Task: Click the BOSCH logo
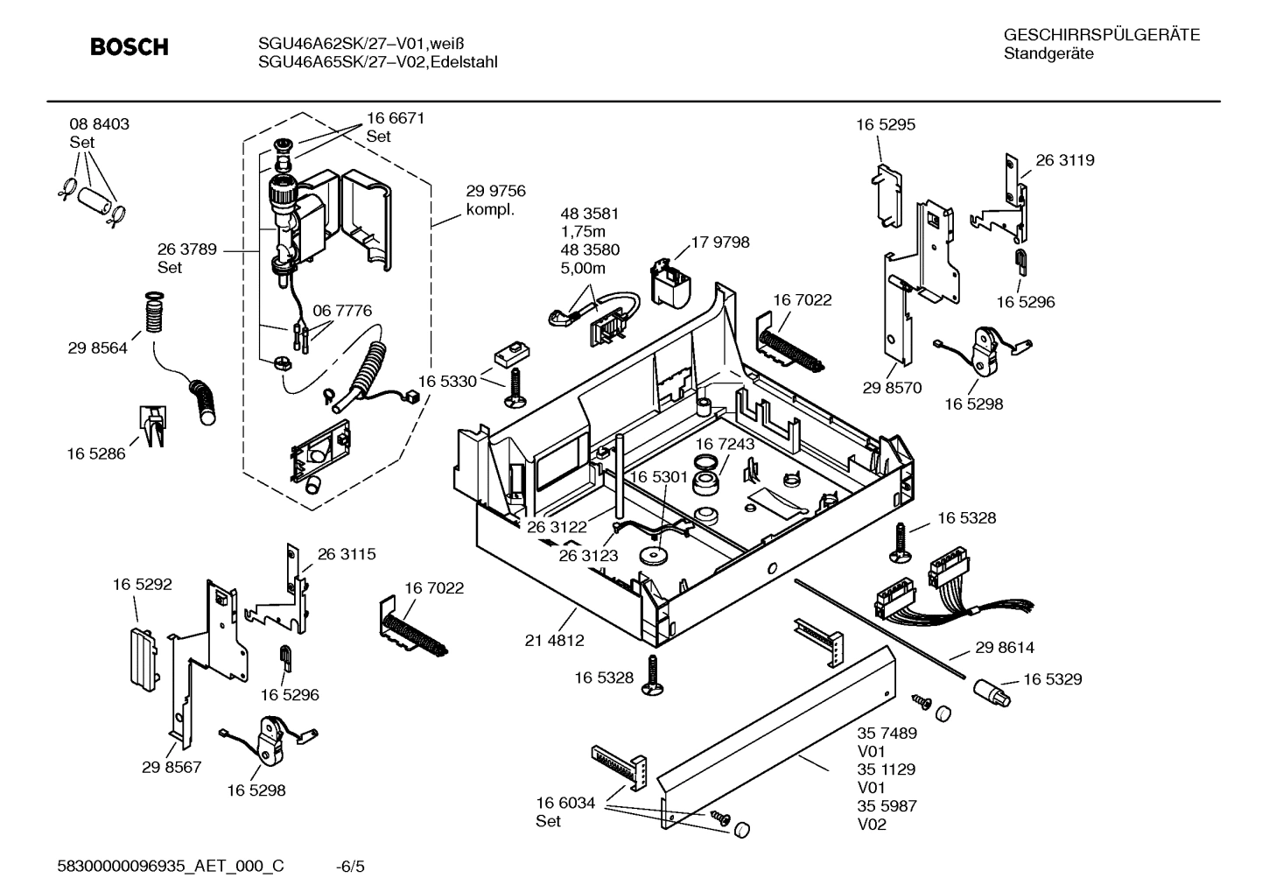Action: [x=130, y=47]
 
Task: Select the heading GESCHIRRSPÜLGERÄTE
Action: [x=1101, y=35]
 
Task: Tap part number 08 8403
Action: [x=99, y=124]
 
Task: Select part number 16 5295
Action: [x=885, y=124]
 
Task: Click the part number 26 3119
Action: [x=1064, y=160]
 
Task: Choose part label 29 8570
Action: [x=891, y=388]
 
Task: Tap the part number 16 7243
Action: [x=725, y=445]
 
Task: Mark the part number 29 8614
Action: [x=1004, y=648]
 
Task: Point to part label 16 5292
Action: [x=142, y=584]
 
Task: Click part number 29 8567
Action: [x=172, y=767]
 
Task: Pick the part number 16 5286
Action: [x=96, y=453]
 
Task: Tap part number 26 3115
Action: [x=346, y=554]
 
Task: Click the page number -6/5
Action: [x=350, y=867]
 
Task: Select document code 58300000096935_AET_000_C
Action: [x=171, y=867]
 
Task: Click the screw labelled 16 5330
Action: [x=515, y=387]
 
